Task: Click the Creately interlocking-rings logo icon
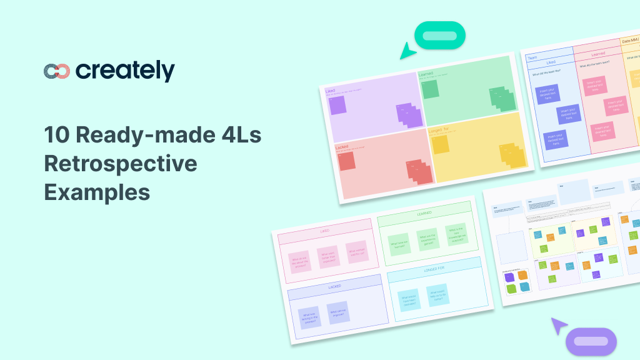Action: [x=57, y=71]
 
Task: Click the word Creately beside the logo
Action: [x=125, y=71]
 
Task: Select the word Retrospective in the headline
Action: [x=121, y=164]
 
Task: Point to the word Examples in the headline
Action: [x=97, y=192]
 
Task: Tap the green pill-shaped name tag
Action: [x=440, y=35]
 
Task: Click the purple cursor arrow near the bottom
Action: [x=558, y=326]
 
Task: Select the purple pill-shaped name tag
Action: [x=591, y=341]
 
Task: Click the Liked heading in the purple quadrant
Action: [x=331, y=91]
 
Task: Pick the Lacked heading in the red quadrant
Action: [x=342, y=147]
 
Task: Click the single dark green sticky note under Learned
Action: [x=430, y=89]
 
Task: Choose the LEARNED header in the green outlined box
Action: [x=424, y=214]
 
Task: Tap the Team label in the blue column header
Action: [x=532, y=57]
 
